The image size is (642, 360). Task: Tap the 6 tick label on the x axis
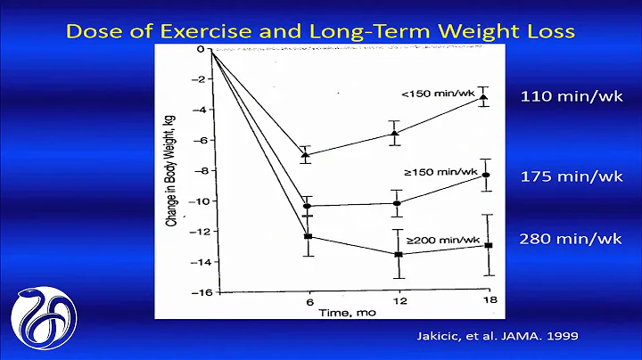307,303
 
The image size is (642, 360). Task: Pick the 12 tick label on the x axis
397,303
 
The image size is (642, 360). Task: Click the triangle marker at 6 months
307,154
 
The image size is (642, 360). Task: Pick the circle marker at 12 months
397,203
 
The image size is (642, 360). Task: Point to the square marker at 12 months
398,254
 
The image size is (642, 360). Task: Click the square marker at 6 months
307,236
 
